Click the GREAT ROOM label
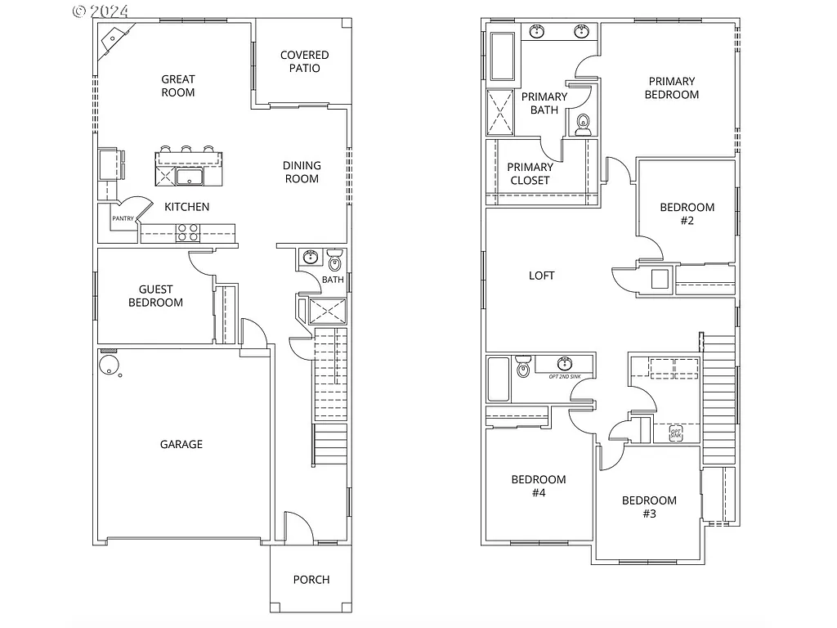(177, 86)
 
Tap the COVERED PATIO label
(304, 61)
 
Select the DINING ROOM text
(302, 172)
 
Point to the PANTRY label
(123, 218)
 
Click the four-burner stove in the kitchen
(188, 232)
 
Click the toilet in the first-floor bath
(333, 262)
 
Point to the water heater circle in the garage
(108, 366)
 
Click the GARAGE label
(181, 444)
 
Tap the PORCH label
(311, 580)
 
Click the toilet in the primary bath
(583, 124)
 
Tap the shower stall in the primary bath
(501, 111)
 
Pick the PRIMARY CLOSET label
(530, 173)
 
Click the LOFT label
(541, 276)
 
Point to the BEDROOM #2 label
(687, 213)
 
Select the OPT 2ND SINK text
(565, 375)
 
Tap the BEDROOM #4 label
(538, 486)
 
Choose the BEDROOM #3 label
(649, 507)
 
